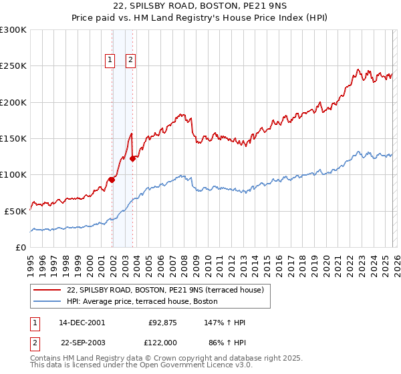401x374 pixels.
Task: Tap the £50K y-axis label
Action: tap(15, 211)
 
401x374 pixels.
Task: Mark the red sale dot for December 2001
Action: tap(112, 180)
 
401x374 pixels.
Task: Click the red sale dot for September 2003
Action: tap(133, 158)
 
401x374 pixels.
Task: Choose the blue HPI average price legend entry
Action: tap(142, 301)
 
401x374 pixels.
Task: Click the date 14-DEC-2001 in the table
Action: tap(82, 323)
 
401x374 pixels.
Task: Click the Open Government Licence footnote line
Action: tap(132, 365)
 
